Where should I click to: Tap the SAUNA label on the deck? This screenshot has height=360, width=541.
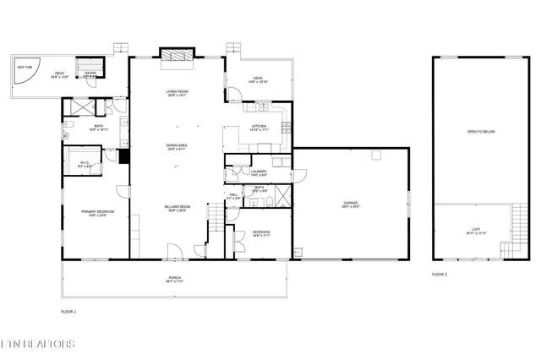point(90,73)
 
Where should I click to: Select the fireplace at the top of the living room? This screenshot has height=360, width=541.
point(177,57)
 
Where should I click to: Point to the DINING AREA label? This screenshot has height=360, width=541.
point(177,145)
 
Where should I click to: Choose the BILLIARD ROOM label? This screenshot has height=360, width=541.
point(177,206)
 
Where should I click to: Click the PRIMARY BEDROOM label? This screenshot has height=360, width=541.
point(97,211)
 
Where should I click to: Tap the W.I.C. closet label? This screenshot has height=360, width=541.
point(85,163)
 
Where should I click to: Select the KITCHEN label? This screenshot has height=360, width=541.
point(259,128)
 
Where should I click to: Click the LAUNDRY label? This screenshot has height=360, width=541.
point(260,172)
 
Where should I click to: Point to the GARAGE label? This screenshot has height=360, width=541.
point(351,204)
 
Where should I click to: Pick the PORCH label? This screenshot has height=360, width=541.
point(174,278)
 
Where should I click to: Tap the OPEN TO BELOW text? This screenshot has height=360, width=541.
point(481,132)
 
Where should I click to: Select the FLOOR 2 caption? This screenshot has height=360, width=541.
point(440,275)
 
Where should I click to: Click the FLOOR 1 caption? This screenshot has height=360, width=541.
point(68,312)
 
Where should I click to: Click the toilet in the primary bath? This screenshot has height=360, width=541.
point(66,134)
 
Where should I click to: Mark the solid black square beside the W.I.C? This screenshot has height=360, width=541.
point(123,155)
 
